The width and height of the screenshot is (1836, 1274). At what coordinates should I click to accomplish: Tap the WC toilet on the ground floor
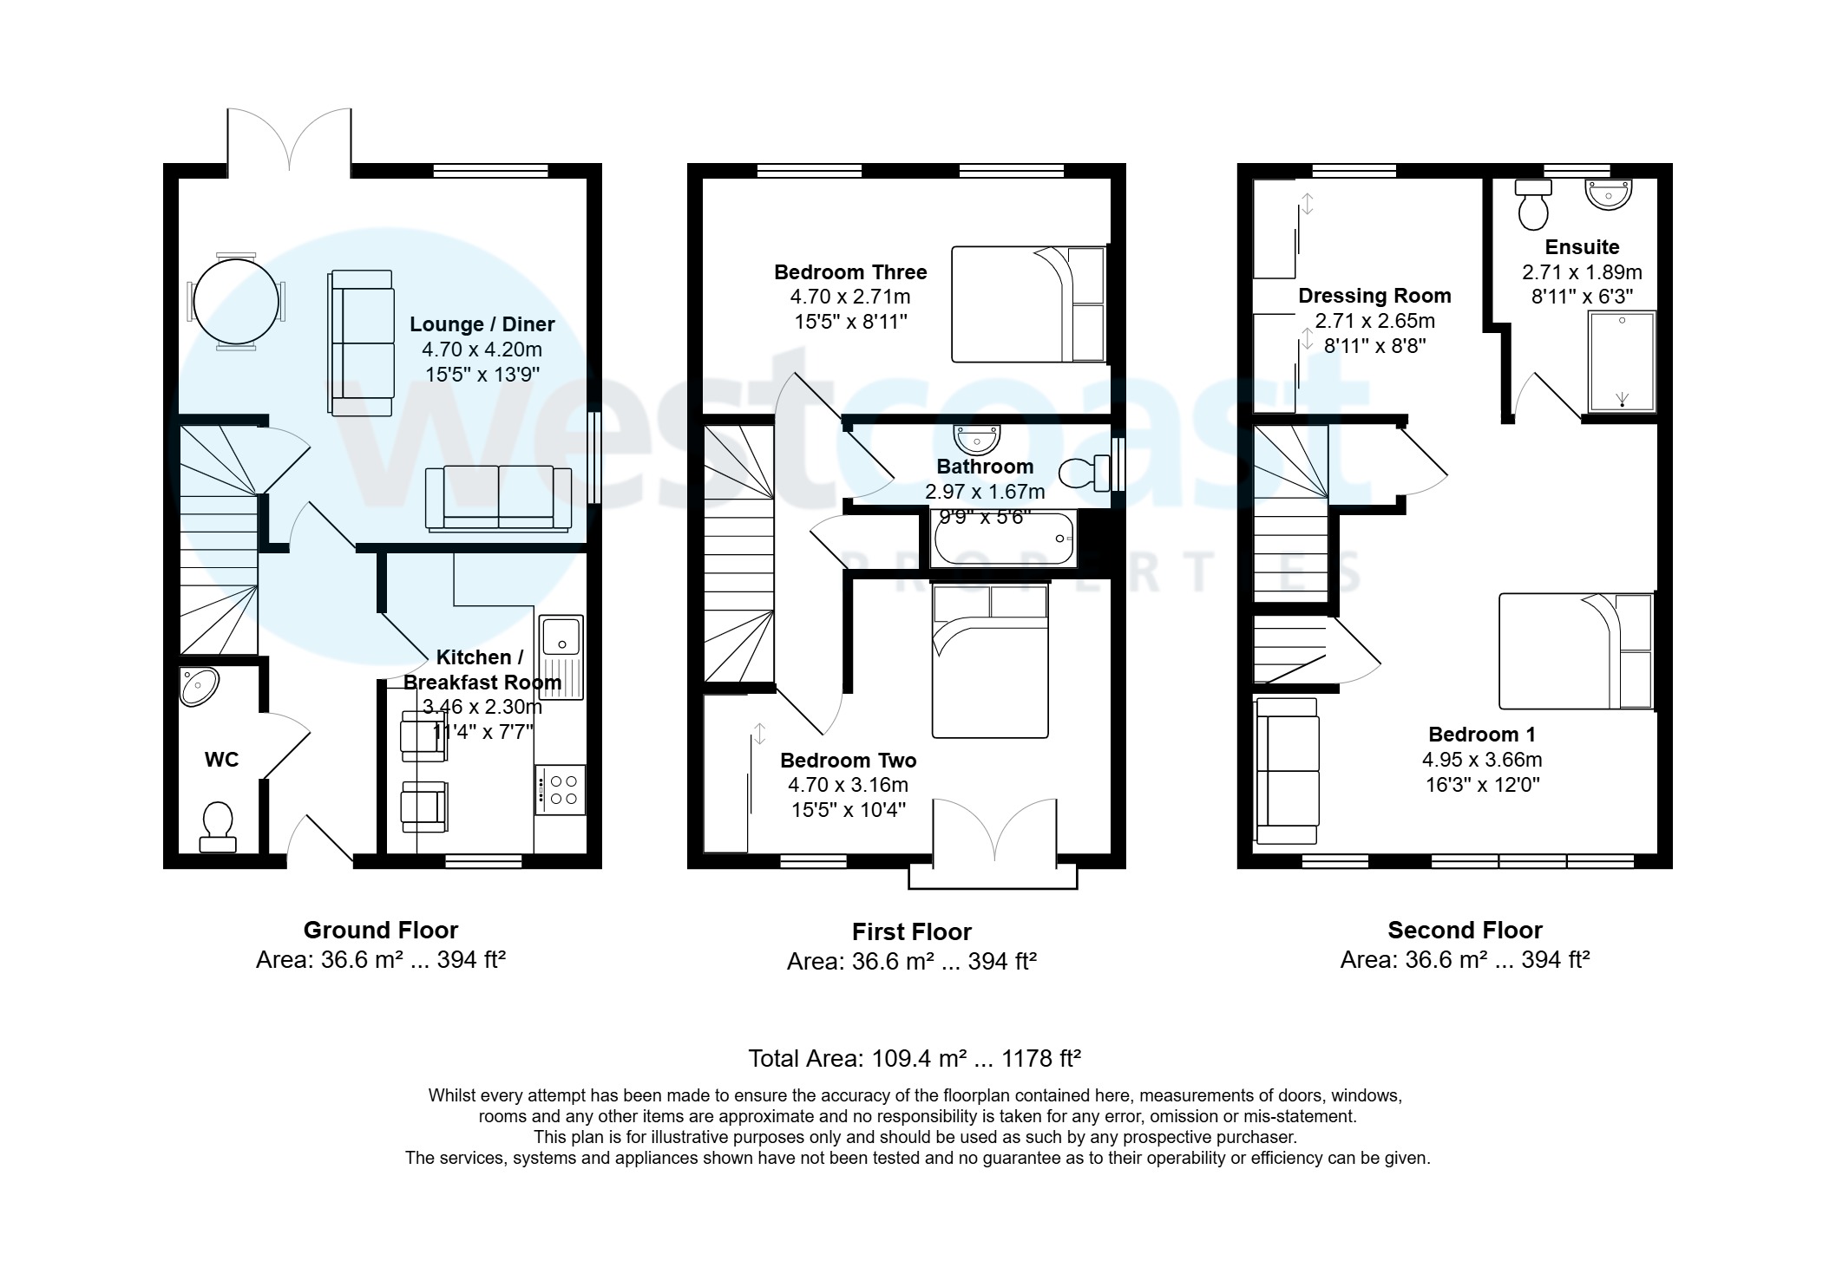pyautogui.click(x=217, y=826)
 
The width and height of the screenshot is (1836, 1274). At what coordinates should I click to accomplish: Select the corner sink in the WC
pyautogui.click(x=199, y=686)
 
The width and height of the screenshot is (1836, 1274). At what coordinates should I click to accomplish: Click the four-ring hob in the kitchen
pyautogui.click(x=561, y=789)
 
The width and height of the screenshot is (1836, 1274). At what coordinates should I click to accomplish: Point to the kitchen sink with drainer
pyautogui.click(x=561, y=657)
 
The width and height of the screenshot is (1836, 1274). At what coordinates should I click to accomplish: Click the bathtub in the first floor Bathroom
pyautogui.click(x=1004, y=539)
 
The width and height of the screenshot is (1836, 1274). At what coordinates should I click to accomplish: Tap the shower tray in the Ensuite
pyautogui.click(x=1622, y=361)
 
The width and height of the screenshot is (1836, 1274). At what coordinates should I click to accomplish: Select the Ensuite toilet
pyautogui.click(x=1534, y=203)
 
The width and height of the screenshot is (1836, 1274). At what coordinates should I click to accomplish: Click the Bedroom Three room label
pyautogui.click(x=850, y=272)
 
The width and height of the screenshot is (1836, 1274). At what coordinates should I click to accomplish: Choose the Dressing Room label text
pyautogui.click(x=1374, y=296)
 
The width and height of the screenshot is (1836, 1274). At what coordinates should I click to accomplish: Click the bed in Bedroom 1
pyautogui.click(x=1575, y=650)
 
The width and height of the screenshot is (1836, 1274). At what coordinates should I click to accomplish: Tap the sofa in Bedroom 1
pyautogui.click(x=1287, y=770)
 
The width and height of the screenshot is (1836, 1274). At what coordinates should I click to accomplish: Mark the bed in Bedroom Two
pyautogui.click(x=990, y=663)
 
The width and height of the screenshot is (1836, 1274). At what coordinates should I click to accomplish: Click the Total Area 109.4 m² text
pyautogui.click(x=914, y=1059)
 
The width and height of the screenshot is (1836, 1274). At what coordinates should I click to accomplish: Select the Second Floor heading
pyautogui.click(x=1465, y=931)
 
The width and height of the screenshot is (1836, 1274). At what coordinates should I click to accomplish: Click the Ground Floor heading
pyautogui.click(x=380, y=931)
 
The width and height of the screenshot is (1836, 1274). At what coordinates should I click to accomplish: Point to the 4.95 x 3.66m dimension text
pyautogui.click(x=1482, y=760)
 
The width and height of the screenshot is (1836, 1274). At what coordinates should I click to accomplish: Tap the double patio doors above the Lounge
pyautogui.click(x=289, y=139)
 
